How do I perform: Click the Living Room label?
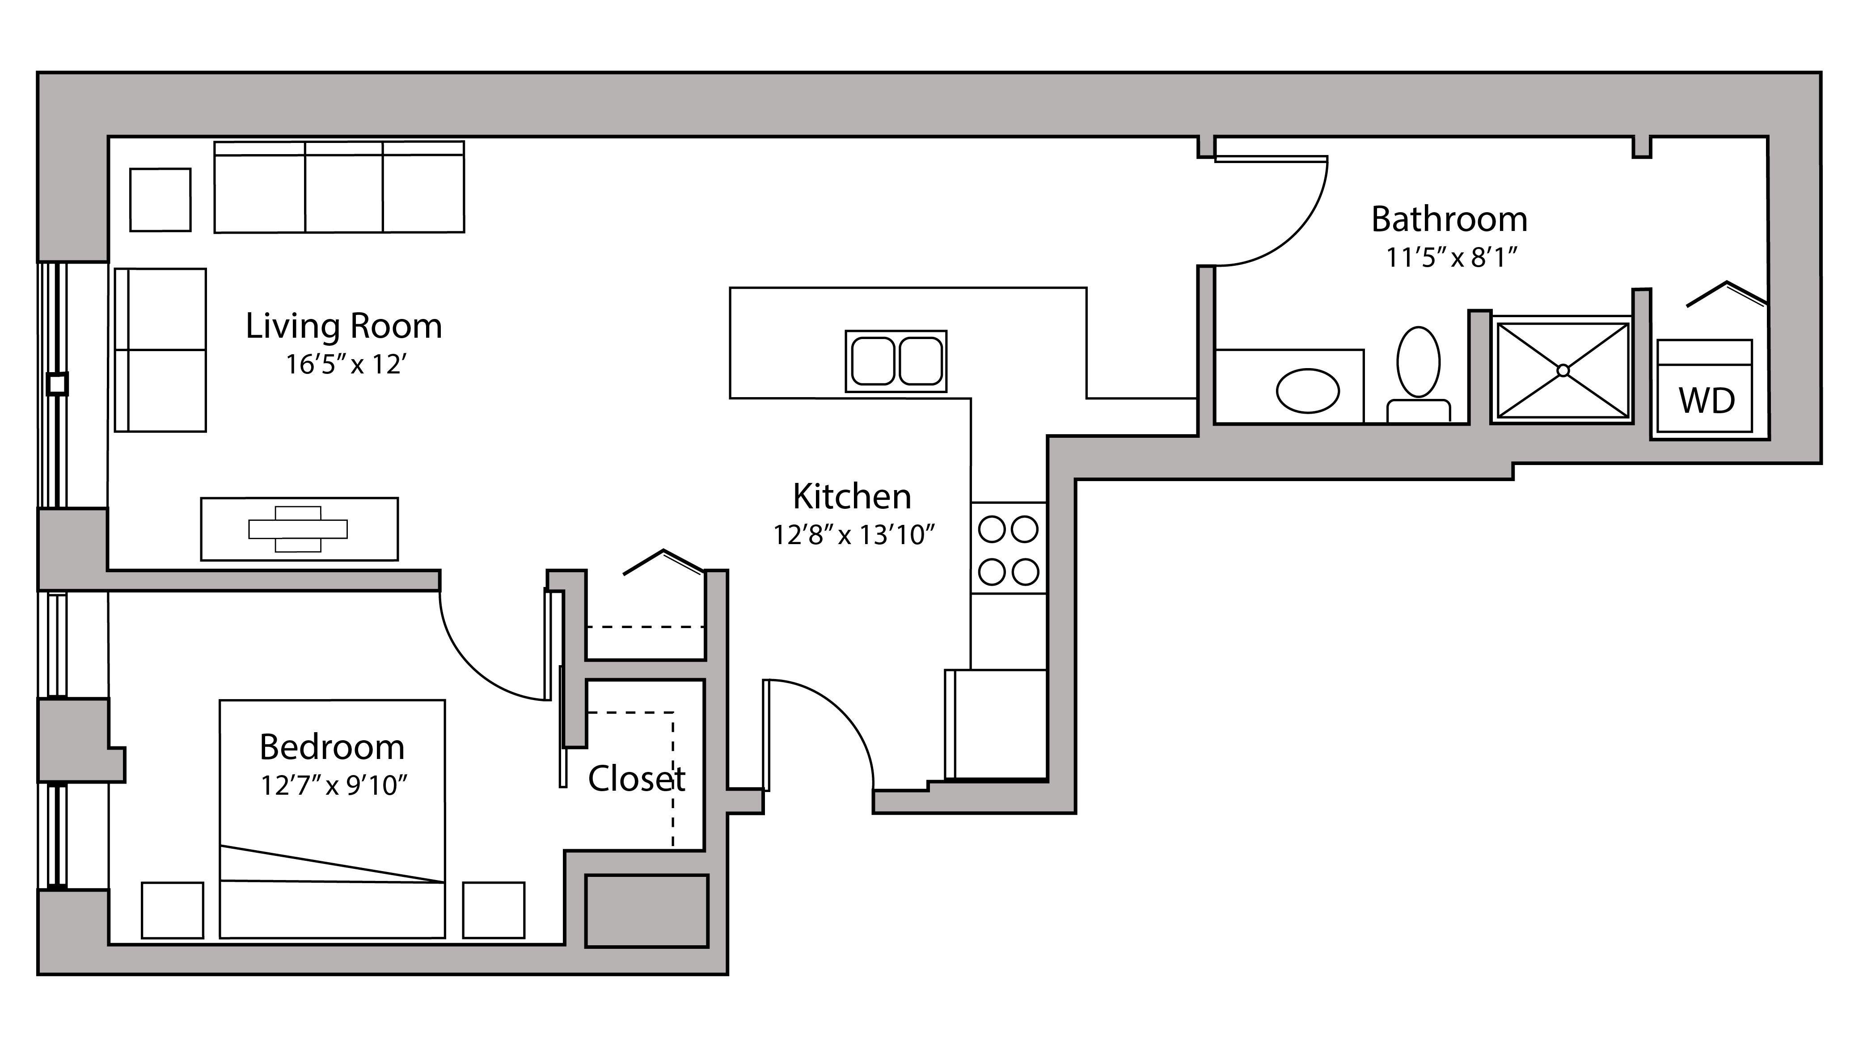pos(343,326)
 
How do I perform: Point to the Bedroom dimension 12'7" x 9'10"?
pos(334,785)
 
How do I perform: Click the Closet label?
pos(637,779)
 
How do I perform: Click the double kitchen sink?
pos(896,361)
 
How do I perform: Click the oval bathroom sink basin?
pos(1308,391)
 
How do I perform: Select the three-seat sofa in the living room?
pos(339,187)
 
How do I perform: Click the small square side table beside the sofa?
pos(161,200)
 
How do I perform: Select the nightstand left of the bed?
pos(172,910)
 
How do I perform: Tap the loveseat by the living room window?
pos(161,351)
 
